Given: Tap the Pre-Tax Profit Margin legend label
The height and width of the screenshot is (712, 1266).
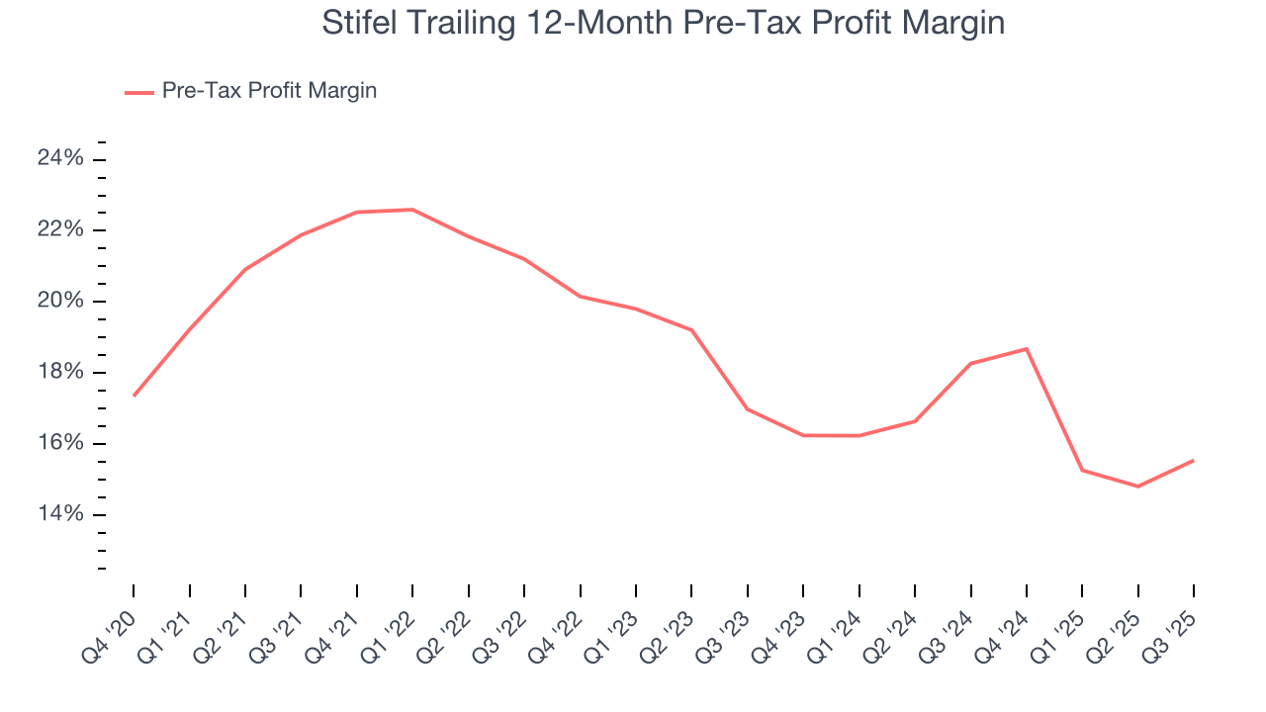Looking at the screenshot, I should [x=269, y=91].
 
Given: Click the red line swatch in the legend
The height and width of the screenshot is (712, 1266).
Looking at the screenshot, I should [x=139, y=92].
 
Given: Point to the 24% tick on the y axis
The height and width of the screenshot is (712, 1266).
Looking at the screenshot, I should [x=60, y=159].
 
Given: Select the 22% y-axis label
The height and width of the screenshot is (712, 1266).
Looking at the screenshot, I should [x=60, y=230].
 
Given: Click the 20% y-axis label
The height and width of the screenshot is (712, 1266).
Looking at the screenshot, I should [x=60, y=302].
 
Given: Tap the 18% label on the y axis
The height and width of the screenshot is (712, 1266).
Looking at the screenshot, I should [x=60, y=373].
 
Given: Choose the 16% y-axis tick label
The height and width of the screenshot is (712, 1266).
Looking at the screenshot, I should [x=60, y=443].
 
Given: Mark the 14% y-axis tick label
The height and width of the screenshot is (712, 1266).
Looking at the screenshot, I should [x=60, y=514].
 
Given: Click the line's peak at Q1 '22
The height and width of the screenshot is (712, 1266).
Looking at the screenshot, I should [x=412, y=210].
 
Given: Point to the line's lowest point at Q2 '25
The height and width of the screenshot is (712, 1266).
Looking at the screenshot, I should [x=1137, y=487].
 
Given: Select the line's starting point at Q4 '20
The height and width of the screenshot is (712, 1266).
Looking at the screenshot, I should [x=134, y=396].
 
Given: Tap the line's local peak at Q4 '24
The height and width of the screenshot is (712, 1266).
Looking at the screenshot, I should [x=1027, y=349].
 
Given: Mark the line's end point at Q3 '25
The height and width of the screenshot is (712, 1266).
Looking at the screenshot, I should [x=1193, y=461].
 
